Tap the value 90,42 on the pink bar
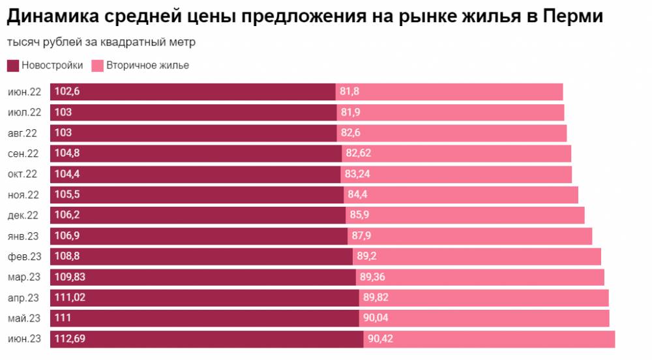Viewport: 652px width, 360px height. coord(380,339)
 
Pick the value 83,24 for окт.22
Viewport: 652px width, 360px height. coord(358,174)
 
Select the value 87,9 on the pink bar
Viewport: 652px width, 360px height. coord(361,236)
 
